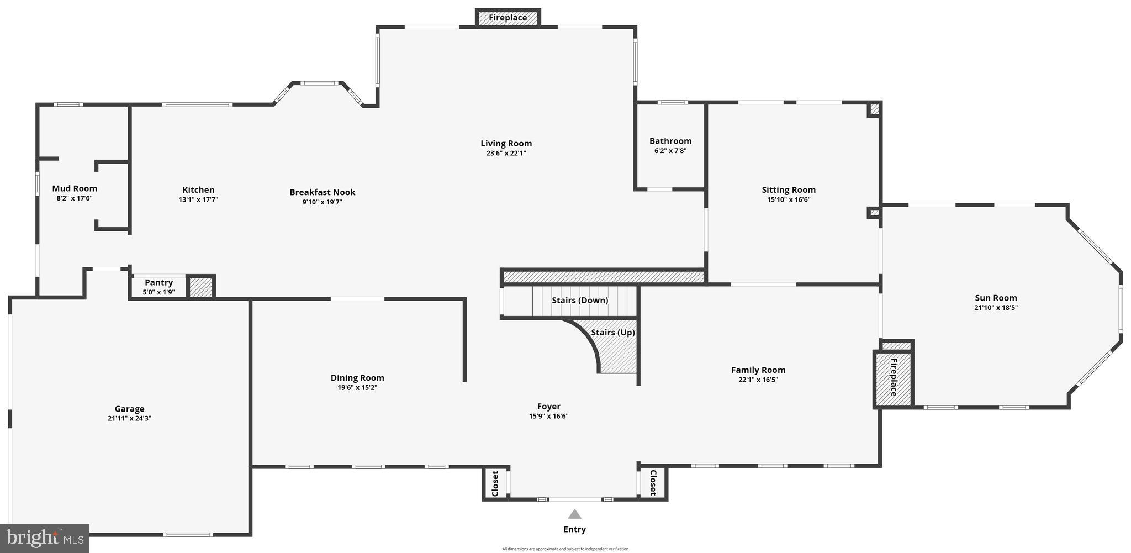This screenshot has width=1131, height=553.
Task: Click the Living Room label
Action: [506, 144]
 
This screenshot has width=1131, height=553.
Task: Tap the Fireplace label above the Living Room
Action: [508, 18]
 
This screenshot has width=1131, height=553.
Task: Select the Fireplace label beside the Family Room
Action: [894, 377]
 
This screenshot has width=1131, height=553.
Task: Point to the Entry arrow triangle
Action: [575, 514]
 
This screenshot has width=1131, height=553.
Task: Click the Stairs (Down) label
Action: [580, 300]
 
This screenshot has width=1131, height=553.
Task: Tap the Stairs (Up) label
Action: [612, 333]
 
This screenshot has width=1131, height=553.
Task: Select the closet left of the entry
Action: [495, 483]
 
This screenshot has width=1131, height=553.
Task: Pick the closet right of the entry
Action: [653, 482]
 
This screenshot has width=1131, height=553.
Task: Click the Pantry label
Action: [158, 282]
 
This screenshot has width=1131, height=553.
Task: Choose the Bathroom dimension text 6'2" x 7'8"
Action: [670, 151]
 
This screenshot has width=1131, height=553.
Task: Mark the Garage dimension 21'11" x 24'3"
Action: [129, 418]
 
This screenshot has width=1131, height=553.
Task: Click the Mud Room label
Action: [75, 188]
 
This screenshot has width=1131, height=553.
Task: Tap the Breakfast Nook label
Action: [323, 192]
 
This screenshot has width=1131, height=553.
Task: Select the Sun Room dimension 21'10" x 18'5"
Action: [996, 308]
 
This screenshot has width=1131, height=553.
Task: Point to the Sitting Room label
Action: [788, 189]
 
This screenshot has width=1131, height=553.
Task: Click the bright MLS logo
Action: [45, 538]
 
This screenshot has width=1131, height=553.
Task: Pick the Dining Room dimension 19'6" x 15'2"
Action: [357, 387]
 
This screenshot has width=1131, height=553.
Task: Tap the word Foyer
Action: [548, 407]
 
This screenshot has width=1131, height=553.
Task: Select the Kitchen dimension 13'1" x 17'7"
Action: [198, 199]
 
